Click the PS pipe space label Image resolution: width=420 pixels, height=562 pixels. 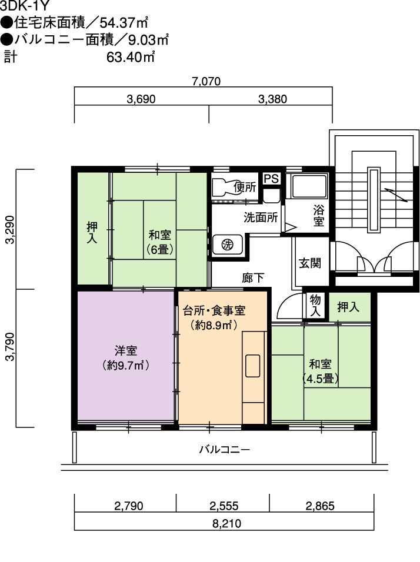(x=271, y=179)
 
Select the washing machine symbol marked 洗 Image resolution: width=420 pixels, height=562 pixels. (x=227, y=245)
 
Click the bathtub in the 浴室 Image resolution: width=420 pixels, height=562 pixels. (x=308, y=186)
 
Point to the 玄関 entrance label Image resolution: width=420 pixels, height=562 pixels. (x=310, y=263)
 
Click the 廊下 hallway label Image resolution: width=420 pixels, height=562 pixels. (x=253, y=278)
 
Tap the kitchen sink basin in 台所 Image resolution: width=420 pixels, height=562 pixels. (x=252, y=366)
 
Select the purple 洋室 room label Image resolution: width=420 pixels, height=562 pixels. (x=125, y=357)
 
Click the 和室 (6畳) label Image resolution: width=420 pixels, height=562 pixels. (x=160, y=242)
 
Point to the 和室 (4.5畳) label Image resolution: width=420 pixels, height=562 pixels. (x=320, y=372)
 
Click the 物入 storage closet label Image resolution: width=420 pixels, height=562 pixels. (x=315, y=305)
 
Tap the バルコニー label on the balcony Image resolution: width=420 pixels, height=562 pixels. (x=225, y=449)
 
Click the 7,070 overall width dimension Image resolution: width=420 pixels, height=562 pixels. (x=206, y=81)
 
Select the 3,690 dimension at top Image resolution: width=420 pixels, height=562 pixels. (x=141, y=99)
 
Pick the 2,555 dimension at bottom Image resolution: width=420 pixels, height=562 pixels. (x=224, y=506)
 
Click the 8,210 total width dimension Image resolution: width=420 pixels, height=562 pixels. (x=226, y=524)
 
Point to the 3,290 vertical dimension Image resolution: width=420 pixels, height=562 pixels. (x=10, y=229)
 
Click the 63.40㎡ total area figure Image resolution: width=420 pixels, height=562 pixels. (x=131, y=58)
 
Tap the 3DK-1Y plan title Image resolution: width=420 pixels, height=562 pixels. (x=24, y=6)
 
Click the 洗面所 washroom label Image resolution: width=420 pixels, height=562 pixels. (x=261, y=217)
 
